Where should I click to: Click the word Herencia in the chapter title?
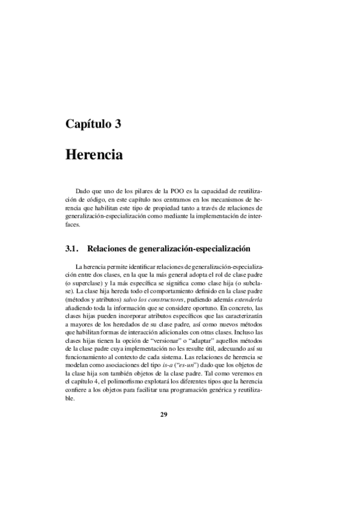[94, 154]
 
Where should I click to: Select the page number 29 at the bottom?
[163, 414]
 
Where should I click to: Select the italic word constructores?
[157, 298]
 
